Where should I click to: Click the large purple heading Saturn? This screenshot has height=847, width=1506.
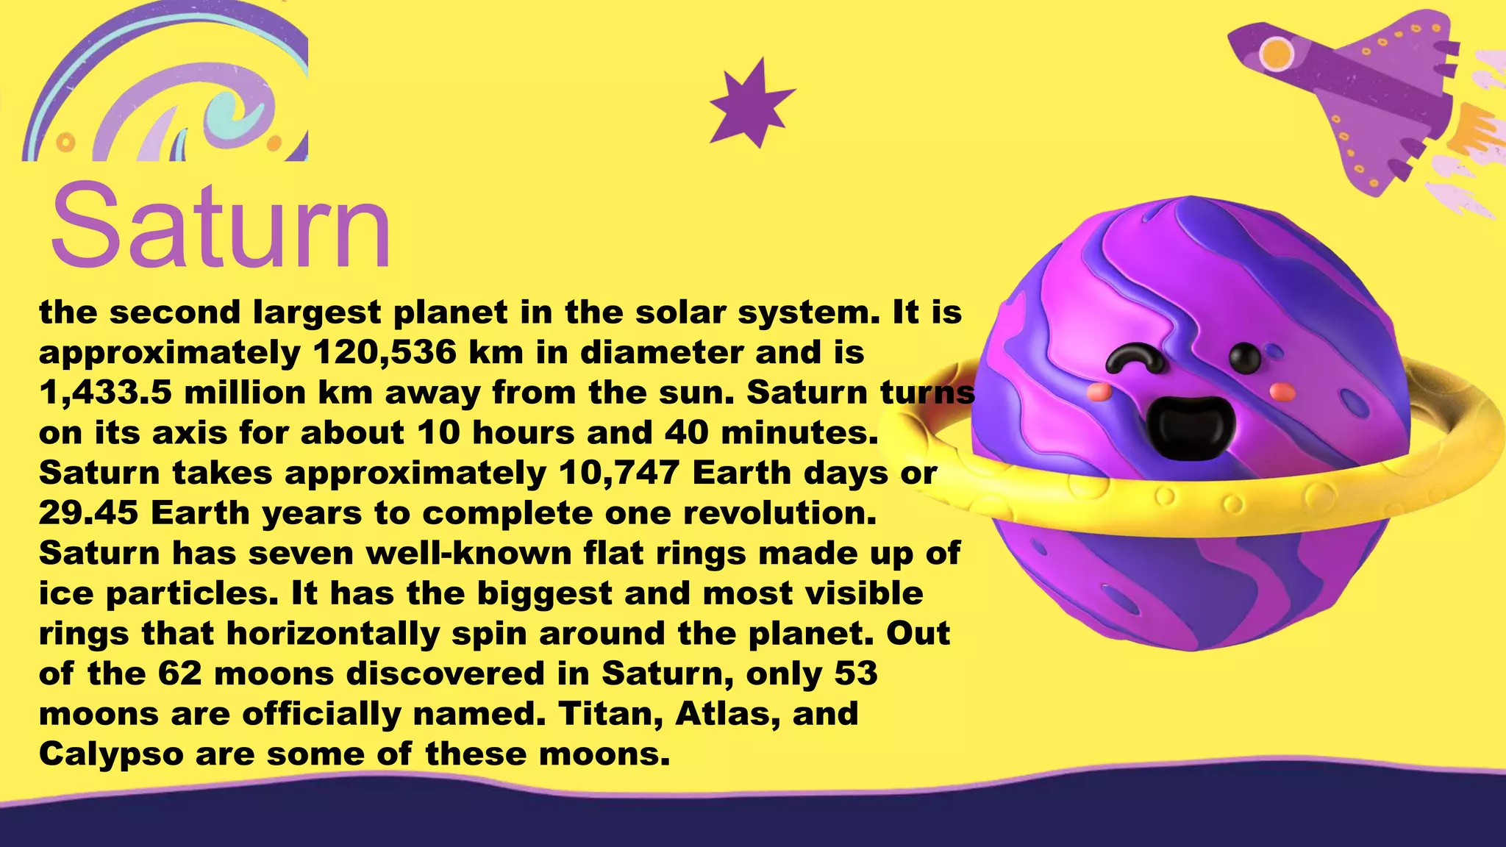(221, 226)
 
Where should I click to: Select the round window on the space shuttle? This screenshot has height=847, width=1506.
(1277, 53)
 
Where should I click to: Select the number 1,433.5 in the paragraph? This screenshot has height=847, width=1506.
(105, 393)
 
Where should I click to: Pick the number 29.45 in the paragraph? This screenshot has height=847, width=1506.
(88, 513)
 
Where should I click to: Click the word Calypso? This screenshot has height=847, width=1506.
(111, 754)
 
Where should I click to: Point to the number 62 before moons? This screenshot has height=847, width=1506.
(179, 674)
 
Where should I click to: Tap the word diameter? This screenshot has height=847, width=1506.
(661, 353)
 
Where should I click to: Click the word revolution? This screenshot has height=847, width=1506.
(779, 513)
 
